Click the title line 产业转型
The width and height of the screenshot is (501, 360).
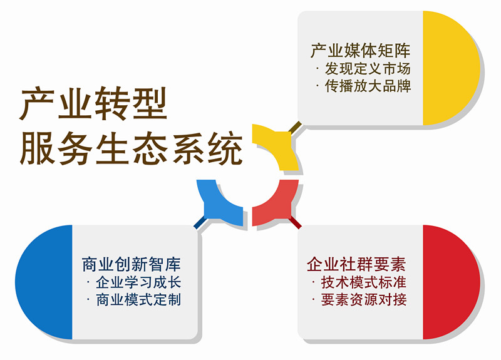pyautogui.click(x=93, y=103)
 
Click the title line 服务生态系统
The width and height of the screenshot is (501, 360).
pyautogui.click(x=131, y=148)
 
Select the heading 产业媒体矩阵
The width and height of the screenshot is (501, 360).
pyautogui.click(x=361, y=51)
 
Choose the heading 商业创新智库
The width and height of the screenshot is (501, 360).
pyautogui.click(x=132, y=264)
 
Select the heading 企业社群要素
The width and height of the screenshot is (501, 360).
pyautogui.click(x=356, y=264)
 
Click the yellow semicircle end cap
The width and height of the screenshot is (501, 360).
pyautogui.click(x=451, y=68)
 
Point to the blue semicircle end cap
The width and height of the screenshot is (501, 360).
pyautogui.click(x=44, y=282)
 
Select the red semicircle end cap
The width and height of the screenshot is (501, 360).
pyautogui.click(x=451, y=282)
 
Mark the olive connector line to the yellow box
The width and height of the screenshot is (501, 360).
pyautogui.click(x=295, y=127)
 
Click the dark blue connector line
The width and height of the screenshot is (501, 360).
pyautogui.click(x=200, y=223)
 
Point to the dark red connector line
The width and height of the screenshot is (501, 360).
pyautogui.click(x=295, y=223)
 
